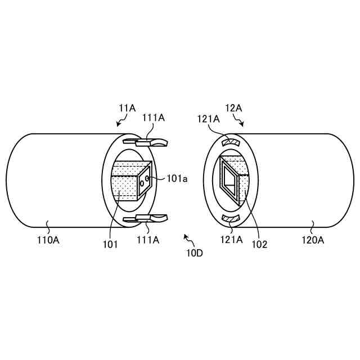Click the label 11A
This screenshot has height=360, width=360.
pyautogui.click(x=128, y=108)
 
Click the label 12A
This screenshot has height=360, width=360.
pyautogui.click(x=233, y=108)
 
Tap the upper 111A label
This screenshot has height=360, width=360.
pyautogui.click(x=154, y=118)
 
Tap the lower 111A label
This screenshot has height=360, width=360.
pyautogui.click(x=148, y=240)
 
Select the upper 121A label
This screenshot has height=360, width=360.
pyautogui.click(x=209, y=119)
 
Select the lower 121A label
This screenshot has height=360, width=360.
pyautogui.click(x=231, y=240)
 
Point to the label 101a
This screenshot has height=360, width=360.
pyautogui.click(x=177, y=179)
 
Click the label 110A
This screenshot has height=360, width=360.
pyautogui.click(x=48, y=240)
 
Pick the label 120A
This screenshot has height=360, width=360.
pyautogui.click(x=313, y=240)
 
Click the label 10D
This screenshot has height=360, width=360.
pyautogui.click(x=195, y=253)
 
